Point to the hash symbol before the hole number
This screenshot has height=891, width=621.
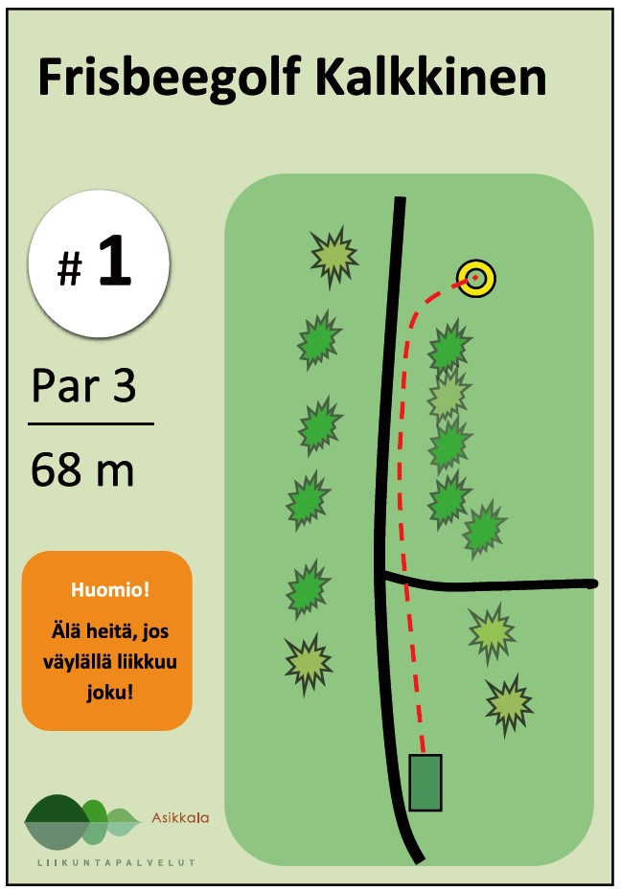[69, 272]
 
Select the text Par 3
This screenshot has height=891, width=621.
[83, 386]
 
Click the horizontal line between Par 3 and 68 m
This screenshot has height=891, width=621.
[90, 423]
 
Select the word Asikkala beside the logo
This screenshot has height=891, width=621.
[180, 818]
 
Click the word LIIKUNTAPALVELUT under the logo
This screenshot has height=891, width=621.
[116, 862]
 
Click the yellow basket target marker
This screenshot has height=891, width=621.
[475, 279]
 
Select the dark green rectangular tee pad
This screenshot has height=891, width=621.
[425, 782]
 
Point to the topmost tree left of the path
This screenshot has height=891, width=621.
[333, 256]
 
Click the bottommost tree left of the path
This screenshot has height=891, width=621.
[309, 662]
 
